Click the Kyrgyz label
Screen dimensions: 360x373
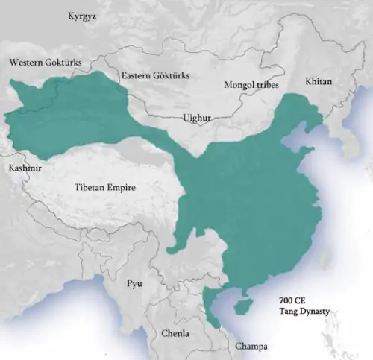(x=82, y=16)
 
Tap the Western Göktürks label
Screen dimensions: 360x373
(x=46, y=63)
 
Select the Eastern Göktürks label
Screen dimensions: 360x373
(x=155, y=76)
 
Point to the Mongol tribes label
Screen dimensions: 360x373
(x=251, y=86)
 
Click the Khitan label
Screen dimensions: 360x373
(x=319, y=81)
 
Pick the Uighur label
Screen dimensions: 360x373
(x=197, y=118)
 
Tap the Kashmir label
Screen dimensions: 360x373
(x=25, y=168)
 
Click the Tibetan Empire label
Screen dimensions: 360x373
(x=105, y=188)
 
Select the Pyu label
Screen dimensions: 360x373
(x=134, y=284)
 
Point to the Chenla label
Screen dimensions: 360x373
(x=175, y=333)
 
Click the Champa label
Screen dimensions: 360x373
(x=251, y=347)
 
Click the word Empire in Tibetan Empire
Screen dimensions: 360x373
(x=120, y=188)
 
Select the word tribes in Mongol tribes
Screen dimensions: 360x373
(x=266, y=86)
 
